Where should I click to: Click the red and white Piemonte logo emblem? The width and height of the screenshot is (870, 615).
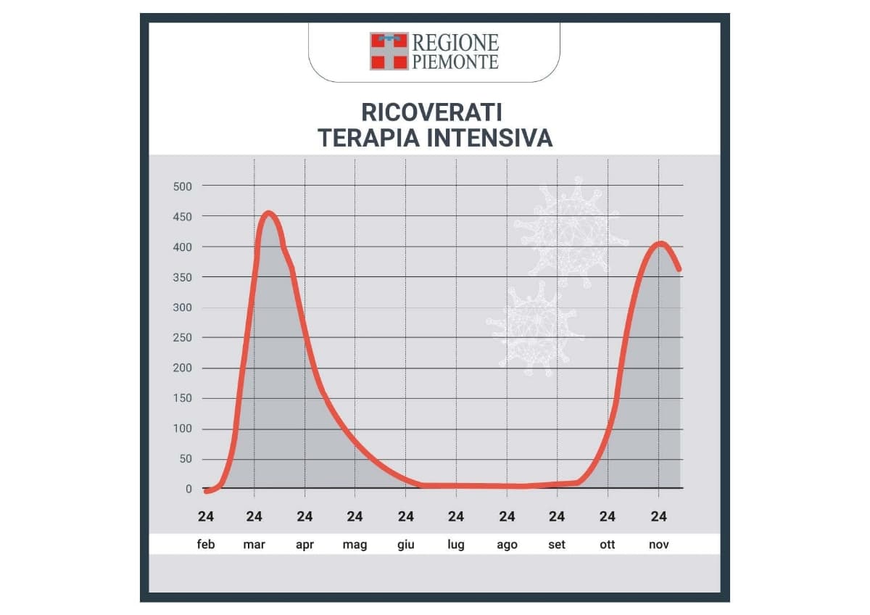coord(389,51)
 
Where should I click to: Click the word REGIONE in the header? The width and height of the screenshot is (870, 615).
coord(455,42)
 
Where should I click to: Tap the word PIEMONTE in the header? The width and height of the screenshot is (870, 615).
coord(455,62)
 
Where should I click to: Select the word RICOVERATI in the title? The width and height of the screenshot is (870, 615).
coord(431,113)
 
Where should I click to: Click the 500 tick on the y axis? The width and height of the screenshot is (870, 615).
coord(182,186)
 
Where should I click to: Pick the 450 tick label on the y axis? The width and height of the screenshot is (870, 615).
coord(182,217)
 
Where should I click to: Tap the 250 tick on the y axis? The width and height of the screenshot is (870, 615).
coord(182,338)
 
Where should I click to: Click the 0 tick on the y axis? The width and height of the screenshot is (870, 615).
coord(188,490)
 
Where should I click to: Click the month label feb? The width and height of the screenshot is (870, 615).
coord(206,545)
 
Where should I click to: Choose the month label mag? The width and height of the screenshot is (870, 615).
coord(355,545)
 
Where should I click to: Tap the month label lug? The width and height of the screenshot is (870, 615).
coord(456,545)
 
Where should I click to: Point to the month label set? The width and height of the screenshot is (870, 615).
coord(557,545)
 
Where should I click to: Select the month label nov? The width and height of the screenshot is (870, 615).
coord(658,545)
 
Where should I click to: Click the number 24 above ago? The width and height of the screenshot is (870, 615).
coord(507,516)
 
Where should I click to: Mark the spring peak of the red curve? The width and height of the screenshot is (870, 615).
coord(268,213)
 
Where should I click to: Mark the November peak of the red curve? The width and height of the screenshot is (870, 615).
coord(660,244)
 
